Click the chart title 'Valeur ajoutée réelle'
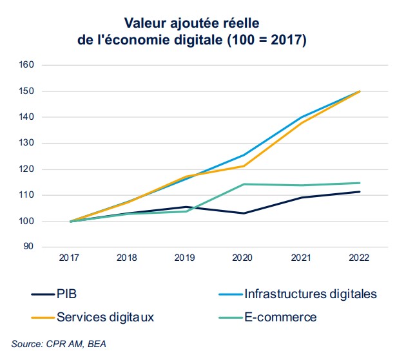(191, 24)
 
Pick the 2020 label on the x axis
(243, 258)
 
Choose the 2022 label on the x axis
(359, 258)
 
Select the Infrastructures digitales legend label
(310, 294)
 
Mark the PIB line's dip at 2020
(243, 213)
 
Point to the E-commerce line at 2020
(243, 184)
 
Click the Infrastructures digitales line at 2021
(301, 117)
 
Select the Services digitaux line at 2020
(243, 166)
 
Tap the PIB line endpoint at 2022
(359, 192)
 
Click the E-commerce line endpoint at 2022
(359, 183)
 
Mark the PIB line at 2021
(301, 198)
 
